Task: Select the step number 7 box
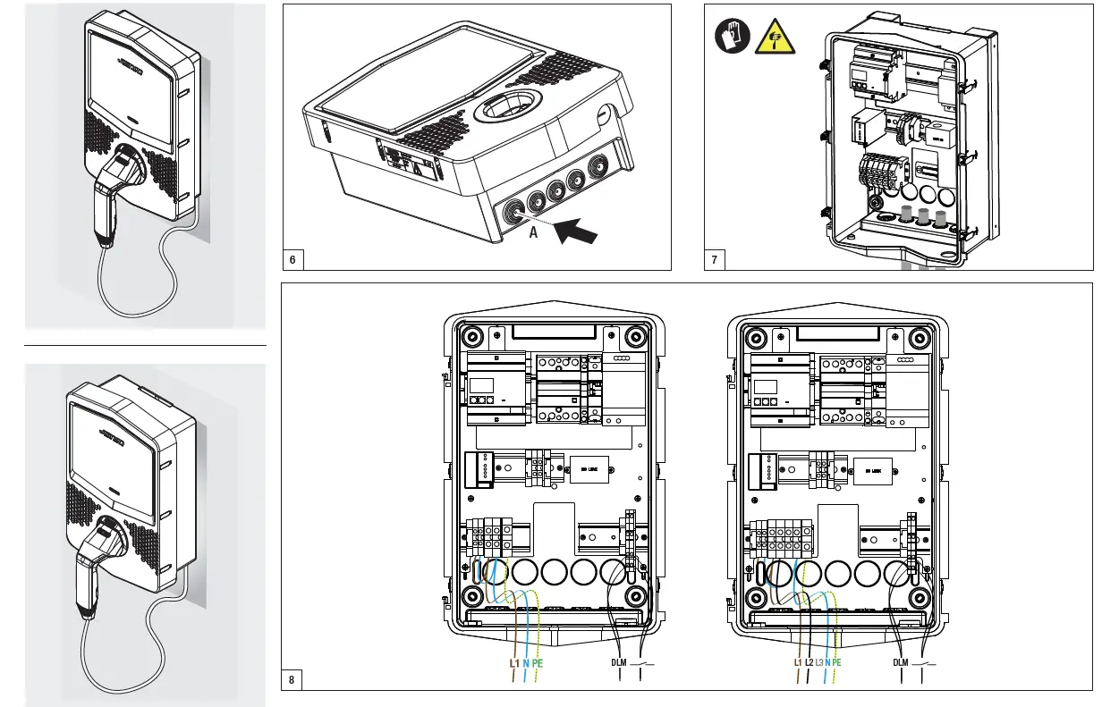715,260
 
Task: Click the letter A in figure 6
533,233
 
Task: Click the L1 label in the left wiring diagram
514,663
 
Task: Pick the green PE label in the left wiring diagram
538,663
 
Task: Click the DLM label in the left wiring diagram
619,663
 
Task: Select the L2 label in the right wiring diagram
809,663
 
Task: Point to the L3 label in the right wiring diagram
819,663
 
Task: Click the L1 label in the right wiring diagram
798,663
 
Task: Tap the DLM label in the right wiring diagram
901,663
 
